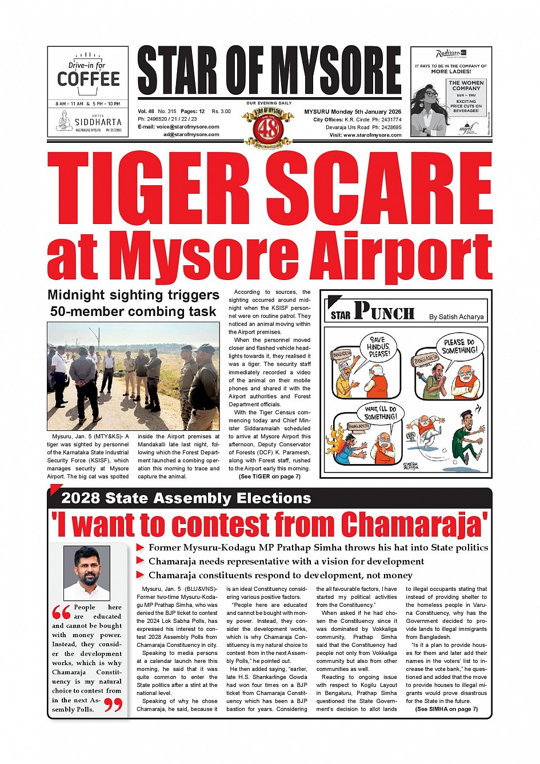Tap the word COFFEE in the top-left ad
[89, 79]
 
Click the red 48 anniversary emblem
[269, 127]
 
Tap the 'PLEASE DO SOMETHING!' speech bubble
[459, 346]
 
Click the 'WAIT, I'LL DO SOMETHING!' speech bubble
[381, 413]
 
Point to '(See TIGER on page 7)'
[270, 477]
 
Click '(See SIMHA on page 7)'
[446, 709]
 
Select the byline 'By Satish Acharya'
[456, 317]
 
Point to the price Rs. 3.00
[221, 111]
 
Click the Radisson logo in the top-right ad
[448, 54]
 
